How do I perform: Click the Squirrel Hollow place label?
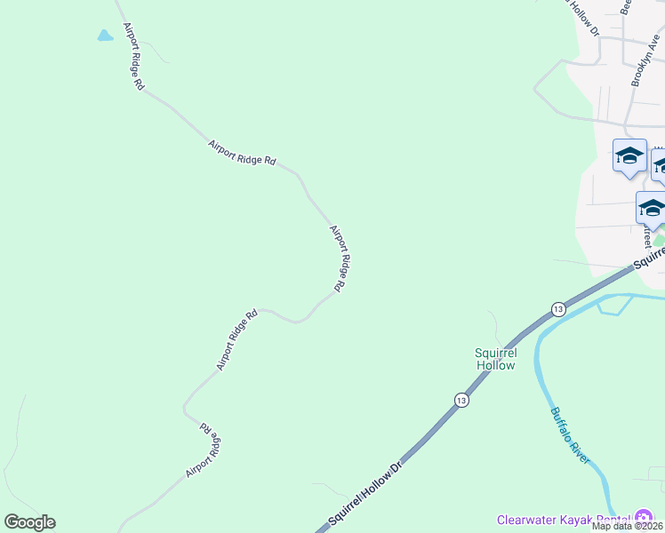click(x=495, y=358)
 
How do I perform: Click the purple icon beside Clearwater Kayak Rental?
click(x=643, y=519)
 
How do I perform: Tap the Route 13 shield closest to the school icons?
click(x=557, y=308)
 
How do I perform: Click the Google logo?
click(x=29, y=522)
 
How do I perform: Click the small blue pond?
click(x=105, y=36)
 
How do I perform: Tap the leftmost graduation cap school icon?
click(x=629, y=156)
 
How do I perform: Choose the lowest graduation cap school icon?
click(x=651, y=209)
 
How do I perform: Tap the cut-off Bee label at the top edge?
click(x=626, y=7)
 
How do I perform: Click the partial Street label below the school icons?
click(x=647, y=235)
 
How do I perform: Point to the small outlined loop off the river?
click(x=613, y=305)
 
